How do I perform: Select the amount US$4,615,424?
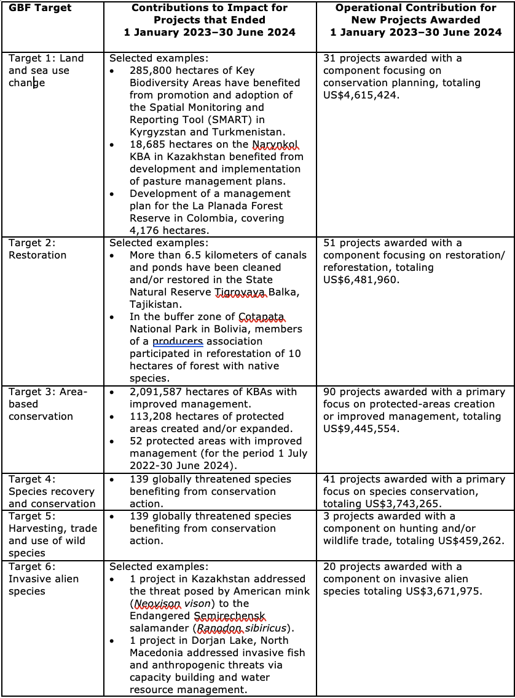(361, 95)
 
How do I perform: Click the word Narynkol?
(275, 145)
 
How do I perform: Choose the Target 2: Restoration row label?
(37, 249)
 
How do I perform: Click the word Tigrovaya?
(241, 292)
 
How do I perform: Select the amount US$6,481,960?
(361, 280)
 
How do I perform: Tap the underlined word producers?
(178, 342)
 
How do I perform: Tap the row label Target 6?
(32, 567)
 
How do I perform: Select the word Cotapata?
(262, 317)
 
